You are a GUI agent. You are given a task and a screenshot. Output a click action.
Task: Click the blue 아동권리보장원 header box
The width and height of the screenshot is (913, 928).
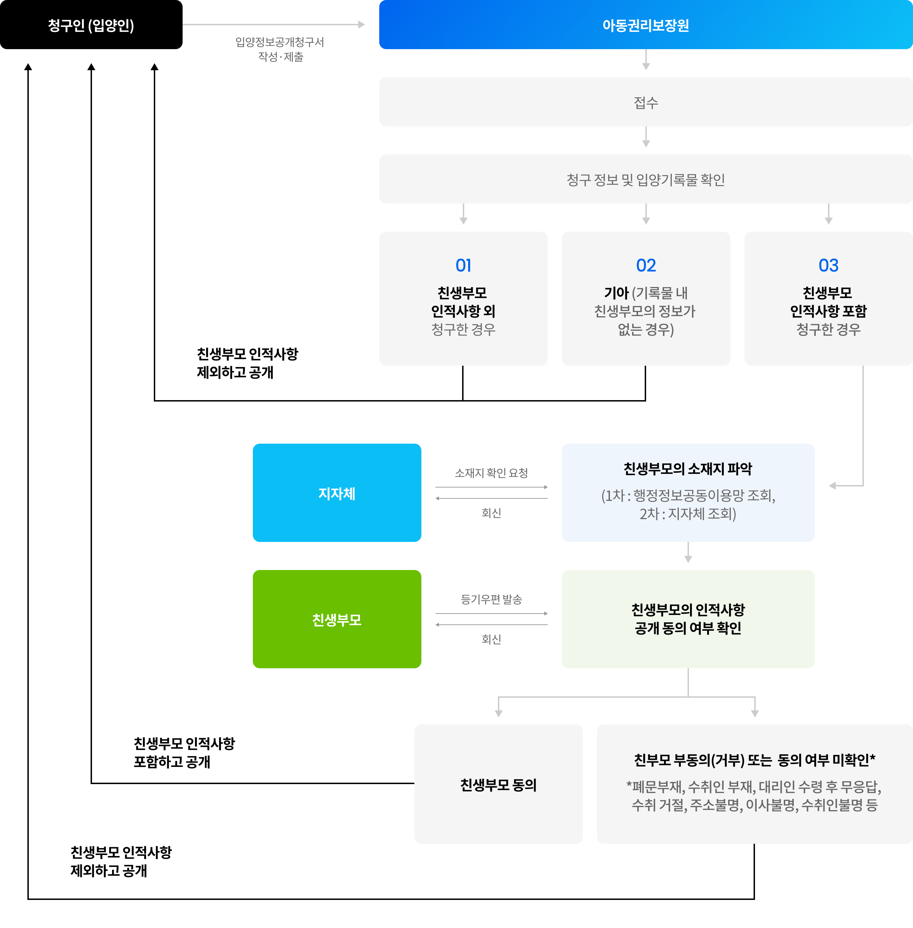(645, 25)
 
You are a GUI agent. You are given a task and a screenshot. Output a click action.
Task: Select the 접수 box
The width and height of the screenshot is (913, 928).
(645, 102)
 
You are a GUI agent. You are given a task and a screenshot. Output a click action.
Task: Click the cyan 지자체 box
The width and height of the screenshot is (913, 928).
(337, 493)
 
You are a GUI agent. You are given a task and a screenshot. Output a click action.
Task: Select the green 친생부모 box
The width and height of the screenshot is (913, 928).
(337, 619)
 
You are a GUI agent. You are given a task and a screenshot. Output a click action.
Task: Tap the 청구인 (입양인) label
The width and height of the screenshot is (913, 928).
(91, 25)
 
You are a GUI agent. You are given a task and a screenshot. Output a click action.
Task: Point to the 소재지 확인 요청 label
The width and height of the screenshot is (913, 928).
(491, 473)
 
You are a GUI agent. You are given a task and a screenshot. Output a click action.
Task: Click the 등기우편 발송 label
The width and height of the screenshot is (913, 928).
(491, 599)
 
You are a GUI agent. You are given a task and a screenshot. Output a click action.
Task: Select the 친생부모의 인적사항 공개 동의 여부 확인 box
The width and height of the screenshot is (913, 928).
(688, 619)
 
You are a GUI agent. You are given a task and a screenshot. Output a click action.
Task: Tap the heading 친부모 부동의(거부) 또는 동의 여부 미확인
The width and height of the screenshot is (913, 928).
(754, 760)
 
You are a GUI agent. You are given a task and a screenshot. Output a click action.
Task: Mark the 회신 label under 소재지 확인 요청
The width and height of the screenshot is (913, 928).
(491, 513)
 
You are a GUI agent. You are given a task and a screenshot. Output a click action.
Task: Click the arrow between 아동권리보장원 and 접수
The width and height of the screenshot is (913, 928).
(646, 60)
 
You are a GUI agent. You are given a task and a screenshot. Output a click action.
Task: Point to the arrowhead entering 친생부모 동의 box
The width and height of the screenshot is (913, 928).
(499, 713)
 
